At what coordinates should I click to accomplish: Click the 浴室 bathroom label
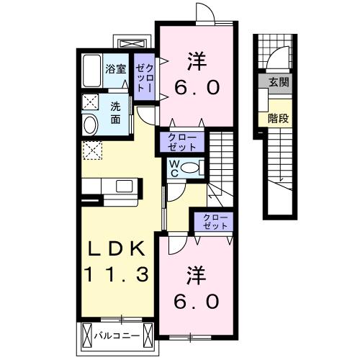click(x=116, y=70)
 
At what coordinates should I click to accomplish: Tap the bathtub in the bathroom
click(x=91, y=72)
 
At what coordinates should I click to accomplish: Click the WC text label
click(x=174, y=168)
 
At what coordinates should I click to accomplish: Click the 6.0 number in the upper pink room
click(x=195, y=87)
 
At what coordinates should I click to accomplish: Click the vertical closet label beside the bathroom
click(x=144, y=76)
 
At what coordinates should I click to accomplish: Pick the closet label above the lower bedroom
click(x=212, y=221)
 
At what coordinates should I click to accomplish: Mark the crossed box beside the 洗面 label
click(x=90, y=101)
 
